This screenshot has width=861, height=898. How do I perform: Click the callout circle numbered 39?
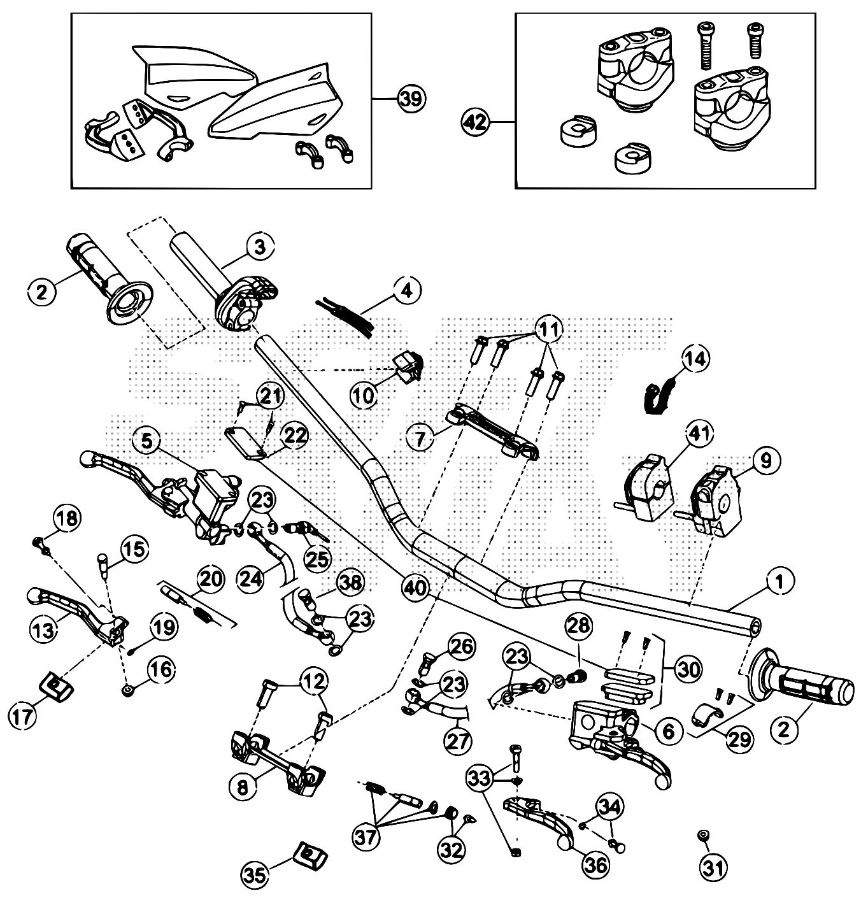point(411,99)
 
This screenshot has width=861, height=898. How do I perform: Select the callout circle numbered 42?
point(477,121)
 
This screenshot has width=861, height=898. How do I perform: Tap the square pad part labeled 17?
point(55,685)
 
